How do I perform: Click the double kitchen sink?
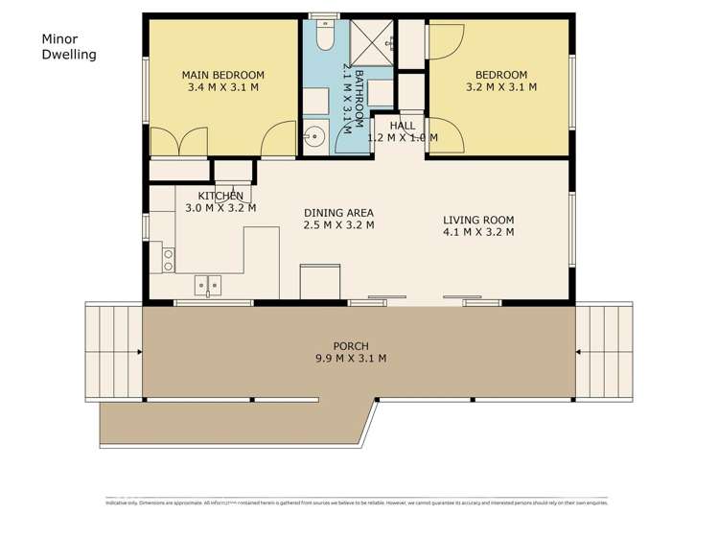[x=208, y=284]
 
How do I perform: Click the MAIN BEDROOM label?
[x=222, y=75]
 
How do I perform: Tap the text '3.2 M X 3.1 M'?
[x=500, y=87]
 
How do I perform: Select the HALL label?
[x=403, y=126]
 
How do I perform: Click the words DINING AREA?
[x=338, y=213]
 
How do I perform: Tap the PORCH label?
[x=351, y=346]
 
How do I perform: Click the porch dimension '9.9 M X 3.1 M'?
[x=352, y=359]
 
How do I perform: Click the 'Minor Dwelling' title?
[x=69, y=47]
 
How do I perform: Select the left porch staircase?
[x=113, y=352]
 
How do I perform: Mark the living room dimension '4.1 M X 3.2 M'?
[x=479, y=231]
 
